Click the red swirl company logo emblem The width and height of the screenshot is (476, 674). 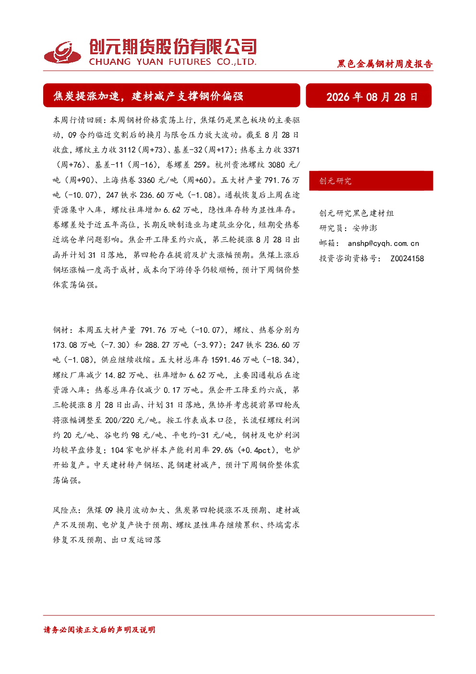tap(62, 52)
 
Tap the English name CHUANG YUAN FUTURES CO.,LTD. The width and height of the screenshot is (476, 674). tap(172, 62)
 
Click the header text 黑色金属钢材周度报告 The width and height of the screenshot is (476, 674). tap(385, 64)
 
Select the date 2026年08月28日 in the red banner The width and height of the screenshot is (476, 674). tap(372, 97)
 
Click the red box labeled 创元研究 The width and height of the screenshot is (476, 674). tap(371, 181)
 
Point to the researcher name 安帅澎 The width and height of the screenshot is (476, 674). tap(365, 228)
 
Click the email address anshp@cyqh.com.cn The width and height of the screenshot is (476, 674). tap(383, 244)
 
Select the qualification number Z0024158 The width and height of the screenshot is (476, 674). tap(407, 258)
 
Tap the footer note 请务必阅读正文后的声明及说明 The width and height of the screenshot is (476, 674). tap(99, 630)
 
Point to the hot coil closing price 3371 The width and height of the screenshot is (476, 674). tap(291, 150)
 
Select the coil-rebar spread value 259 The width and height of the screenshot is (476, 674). tap(200, 165)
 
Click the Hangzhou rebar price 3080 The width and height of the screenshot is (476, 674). tap(276, 165)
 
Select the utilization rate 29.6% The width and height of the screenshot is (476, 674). tap(222, 450)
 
